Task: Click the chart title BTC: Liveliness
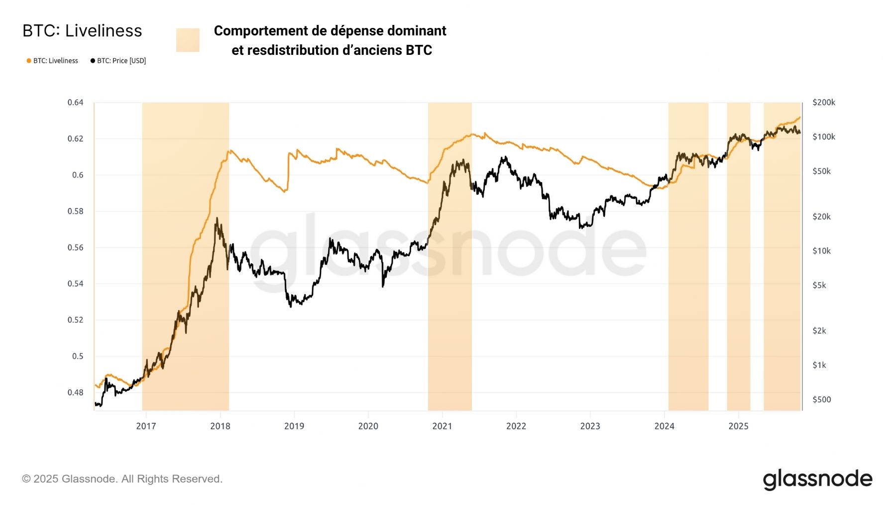(82, 31)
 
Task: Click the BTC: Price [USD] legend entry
(118, 61)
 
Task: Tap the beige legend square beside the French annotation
(188, 40)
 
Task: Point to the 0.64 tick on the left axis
(75, 103)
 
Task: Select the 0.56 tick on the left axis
(75, 248)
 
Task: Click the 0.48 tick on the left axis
(75, 393)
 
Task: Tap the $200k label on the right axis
(823, 103)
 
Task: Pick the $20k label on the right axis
(821, 217)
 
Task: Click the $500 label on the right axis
(821, 400)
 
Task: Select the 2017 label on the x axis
(146, 426)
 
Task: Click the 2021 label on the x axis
(442, 426)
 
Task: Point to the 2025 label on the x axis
(738, 426)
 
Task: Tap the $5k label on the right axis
(819, 286)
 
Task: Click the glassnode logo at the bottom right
(817, 479)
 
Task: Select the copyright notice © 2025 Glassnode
(122, 479)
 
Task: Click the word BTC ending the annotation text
(419, 50)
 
